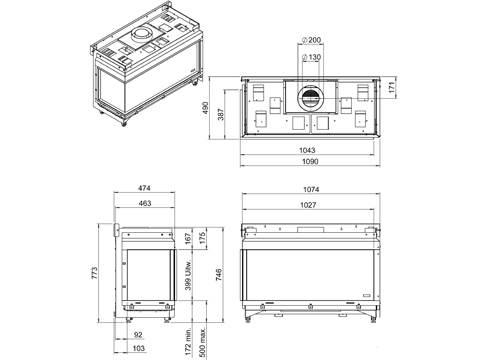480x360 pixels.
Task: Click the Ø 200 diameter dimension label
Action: (x=311, y=40)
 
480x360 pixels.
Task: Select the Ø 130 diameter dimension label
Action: (x=311, y=57)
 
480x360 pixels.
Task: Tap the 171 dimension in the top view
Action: (x=392, y=87)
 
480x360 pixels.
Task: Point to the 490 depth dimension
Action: (x=205, y=108)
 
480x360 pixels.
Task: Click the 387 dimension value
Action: (x=221, y=114)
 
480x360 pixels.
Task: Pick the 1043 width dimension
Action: (x=307, y=150)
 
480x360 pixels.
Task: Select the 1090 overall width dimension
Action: (x=310, y=161)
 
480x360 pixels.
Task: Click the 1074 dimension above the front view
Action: (x=311, y=189)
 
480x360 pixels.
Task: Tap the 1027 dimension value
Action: (x=308, y=205)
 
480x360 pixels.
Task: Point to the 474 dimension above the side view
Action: (x=144, y=188)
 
